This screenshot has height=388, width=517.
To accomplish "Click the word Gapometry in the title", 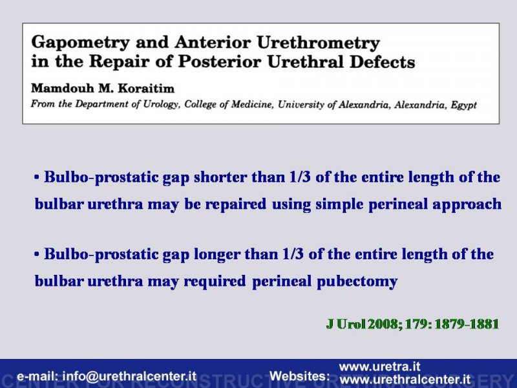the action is coord(80,43).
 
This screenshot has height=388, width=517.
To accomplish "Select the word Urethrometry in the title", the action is coord(318,43).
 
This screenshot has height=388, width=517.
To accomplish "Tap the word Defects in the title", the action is coord(382,61).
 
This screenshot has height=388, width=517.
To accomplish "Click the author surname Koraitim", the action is coord(146,89).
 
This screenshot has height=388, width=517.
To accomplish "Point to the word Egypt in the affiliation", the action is coord(464,105).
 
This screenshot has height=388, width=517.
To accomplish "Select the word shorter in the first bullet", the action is coord(220,177).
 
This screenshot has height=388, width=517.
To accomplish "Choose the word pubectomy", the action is coord(357,281).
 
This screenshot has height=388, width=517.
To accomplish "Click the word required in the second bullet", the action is coord(215,281).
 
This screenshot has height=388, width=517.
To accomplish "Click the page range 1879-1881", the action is coord(467,324).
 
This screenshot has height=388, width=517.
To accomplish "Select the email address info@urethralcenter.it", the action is coord(129,376).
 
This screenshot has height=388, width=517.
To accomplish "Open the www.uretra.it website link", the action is coord(379,367).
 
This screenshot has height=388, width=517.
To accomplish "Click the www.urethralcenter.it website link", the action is coord(405,380).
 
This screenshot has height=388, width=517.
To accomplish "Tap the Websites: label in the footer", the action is coord(299,376).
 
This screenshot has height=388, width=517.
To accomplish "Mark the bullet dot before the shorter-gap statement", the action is coord(37,177).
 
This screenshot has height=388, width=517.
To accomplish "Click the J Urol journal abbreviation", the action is coord(346,324).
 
